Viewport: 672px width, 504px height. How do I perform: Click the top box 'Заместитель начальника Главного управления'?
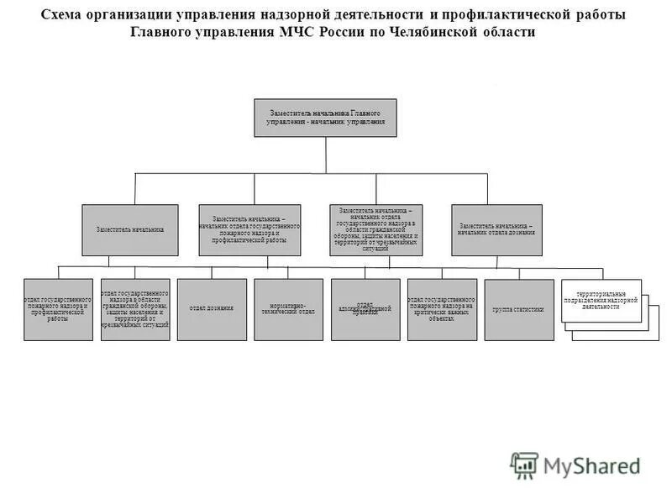(325, 118)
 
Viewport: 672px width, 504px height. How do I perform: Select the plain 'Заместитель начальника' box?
(129, 229)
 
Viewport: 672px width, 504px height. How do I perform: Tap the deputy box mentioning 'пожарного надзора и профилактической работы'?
(249, 229)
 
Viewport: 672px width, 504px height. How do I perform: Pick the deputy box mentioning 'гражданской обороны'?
(375, 229)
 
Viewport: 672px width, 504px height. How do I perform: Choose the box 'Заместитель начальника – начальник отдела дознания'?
(496, 229)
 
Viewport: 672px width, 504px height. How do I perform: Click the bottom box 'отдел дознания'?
(212, 309)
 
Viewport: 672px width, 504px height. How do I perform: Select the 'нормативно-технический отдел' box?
(288, 309)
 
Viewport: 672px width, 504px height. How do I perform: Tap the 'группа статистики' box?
(519, 309)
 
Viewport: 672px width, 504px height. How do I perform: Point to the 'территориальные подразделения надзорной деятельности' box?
(601, 301)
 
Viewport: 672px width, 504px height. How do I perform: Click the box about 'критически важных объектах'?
(442, 309)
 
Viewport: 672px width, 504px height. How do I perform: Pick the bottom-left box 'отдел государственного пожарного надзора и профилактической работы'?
(58, 309)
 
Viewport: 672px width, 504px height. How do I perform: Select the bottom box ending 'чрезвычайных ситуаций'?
(135, 309)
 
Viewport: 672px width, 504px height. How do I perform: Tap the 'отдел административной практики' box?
(365, 309)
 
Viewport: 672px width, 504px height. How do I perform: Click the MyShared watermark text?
(593, 465)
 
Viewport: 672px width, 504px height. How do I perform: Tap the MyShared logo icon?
(525, 465)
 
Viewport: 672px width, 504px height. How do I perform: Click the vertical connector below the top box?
(326, 155)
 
